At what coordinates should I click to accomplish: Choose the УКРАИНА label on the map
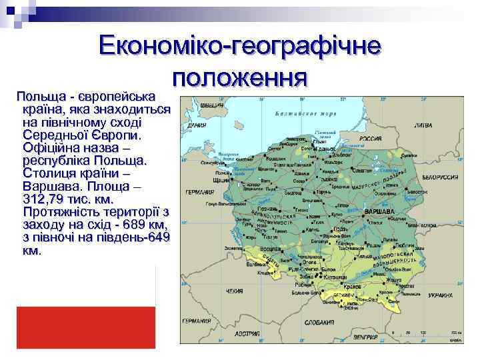click(441, 293)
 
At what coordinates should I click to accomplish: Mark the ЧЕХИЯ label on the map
click(235, 291)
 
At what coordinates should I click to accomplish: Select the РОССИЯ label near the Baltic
click(371, 139)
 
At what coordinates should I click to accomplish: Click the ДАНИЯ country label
click(195, 125)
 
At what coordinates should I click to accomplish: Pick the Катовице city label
click(330, 276)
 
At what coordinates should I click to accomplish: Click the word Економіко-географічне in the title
click(240, 47)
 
